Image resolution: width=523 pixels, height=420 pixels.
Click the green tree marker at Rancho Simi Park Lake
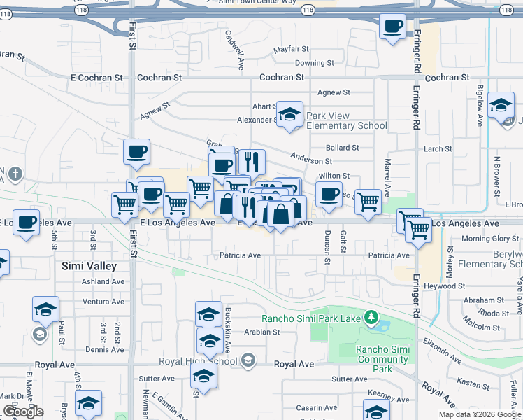(x=371, y=319)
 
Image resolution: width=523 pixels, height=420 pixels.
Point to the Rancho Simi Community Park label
(x=382, y=359)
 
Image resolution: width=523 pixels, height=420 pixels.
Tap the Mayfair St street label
(x=291, y=49)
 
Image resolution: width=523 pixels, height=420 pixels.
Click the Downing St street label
(x=309, y=63)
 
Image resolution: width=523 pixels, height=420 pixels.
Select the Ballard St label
(x=343, y=148)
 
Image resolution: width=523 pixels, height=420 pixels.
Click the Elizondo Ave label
(x=441, y=350)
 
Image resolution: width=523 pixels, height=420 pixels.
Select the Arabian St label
(x=261, y=332)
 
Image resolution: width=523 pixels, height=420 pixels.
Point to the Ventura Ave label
(x=103, y=302)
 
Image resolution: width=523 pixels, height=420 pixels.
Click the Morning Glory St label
(x=491, y=239)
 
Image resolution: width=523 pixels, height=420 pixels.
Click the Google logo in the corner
(x=23, y=412)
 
